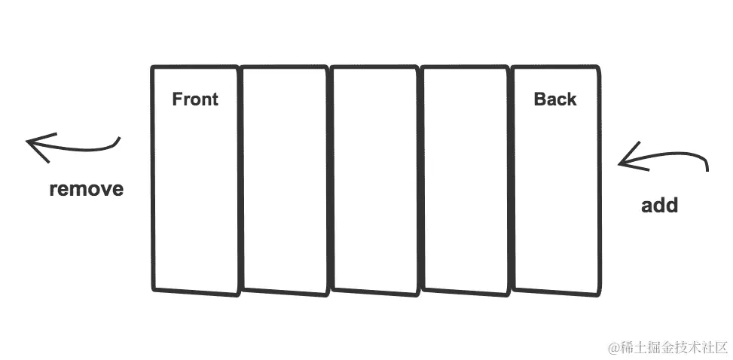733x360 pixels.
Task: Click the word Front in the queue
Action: point(195,99)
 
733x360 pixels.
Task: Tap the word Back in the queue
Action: point(555,99)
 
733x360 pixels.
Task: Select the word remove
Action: point(86,189)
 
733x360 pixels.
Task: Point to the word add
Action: point(659,205)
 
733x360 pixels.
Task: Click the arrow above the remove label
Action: point(73,144)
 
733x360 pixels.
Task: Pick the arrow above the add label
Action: point(663,157)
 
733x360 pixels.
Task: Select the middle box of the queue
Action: point(374,179)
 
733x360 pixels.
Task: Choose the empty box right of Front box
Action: point(284,179)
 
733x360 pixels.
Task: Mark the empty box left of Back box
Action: point(465,179)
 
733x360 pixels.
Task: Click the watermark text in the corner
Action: point(666,347)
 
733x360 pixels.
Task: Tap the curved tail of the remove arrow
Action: point(118,141)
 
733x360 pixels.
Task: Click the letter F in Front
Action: point(177,99)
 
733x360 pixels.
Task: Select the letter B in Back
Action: point(539,99)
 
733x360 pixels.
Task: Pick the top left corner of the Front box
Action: point(153,69)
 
